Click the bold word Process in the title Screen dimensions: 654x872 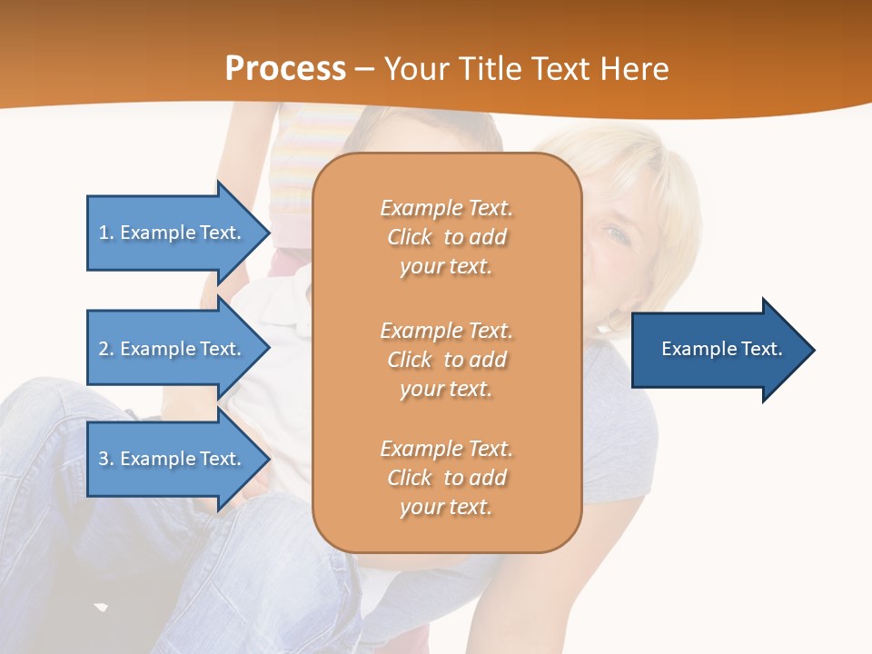pos(285,69)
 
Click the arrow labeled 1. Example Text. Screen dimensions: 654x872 pos(173,233)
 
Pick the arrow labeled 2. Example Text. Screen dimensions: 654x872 pos(173,349)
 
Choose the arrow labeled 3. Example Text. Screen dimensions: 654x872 pos(173,459)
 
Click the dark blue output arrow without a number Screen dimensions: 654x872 pos(718,350)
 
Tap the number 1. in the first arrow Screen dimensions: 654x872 pos(106,233)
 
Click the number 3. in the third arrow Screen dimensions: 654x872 pos(106,460)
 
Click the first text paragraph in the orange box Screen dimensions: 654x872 pos(446,237)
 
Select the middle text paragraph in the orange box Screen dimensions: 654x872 pos(446,360)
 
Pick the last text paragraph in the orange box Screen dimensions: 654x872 pos(446,478)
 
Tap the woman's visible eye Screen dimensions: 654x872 pos(618,235)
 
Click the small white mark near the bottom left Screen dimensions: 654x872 pos(101,606)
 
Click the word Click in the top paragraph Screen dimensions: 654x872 pos(410,238)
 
